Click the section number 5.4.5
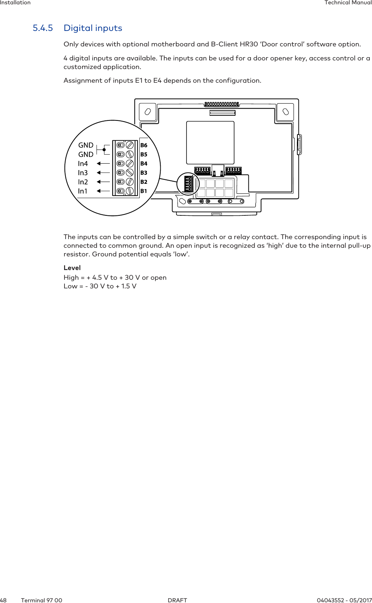click(x=42, y=28)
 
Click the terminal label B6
click(x=144, y=145)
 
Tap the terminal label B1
click(x=144, y=191)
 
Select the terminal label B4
click(x=144, y=164)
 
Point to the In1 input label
click(x=82, y=191)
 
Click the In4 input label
click(x=83, y=164)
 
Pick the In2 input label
click(x=83, y=182)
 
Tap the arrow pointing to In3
click(x=103, y=173)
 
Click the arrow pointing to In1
click(x=103, y=191)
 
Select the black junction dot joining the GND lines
click(x=104, y=150)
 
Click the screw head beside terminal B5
click(x=130, y=154)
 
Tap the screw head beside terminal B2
click(x=130, y=182)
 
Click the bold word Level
click(x=72, y=268)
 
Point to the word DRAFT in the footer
click(x=178, y=600)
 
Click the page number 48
click(x=3, y=600)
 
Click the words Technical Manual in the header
click(x=348, y=3)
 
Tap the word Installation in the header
click(x=15, y=3)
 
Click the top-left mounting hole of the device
click(x=147, y=111)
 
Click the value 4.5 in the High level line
click(x=97, y=278)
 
